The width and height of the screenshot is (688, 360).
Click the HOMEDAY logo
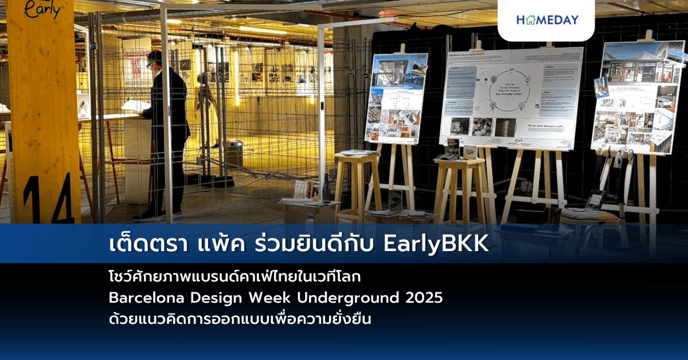click(548, 20)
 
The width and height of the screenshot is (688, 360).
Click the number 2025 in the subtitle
click(424, 299)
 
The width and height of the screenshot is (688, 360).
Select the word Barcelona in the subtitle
click(143, 299)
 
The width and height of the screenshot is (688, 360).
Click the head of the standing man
click(154, 60)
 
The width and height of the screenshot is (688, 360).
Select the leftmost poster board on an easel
click(396, 99)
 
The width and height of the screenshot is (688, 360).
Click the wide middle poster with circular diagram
click(511, 97)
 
